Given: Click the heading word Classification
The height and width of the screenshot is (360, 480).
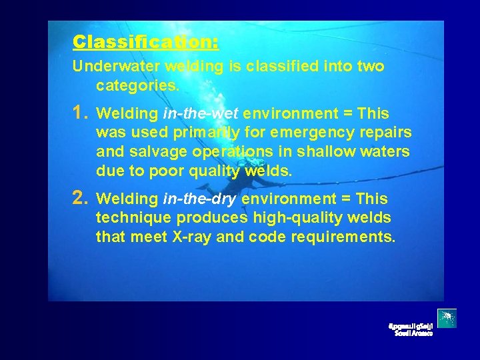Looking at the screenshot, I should (x=145, y=42).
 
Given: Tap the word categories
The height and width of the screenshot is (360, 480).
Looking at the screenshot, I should (x=137, y=85).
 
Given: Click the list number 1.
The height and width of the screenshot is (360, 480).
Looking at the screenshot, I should (x=81, y=113).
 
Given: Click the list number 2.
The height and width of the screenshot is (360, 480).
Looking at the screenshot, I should (x=81, y=198).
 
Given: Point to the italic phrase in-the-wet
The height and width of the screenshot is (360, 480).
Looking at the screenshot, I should (x=201, y=113).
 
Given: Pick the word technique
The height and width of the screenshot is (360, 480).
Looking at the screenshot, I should (x=133, y=217).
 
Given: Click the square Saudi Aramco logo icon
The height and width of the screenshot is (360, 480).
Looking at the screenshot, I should (x=447, y=319).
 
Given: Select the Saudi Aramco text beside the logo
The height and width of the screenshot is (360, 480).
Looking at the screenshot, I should (x=411, y=329).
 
